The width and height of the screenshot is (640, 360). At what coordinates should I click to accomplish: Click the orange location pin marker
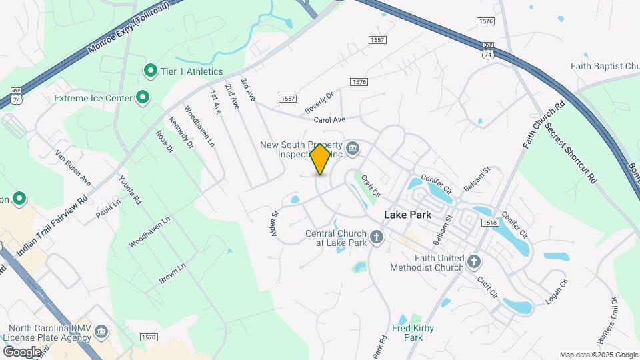click(x=321, y=159)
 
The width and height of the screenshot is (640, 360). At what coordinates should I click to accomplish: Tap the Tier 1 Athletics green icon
click(x=151, y=71)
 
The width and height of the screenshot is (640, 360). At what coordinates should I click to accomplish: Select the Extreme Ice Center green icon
click(x=142, y=99)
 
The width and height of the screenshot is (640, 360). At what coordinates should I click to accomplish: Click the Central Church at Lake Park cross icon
click(x=377, y=237)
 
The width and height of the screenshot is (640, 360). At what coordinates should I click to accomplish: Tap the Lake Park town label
click(x=408, y=215)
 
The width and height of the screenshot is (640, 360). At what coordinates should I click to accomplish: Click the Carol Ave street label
click(x=329, y=120)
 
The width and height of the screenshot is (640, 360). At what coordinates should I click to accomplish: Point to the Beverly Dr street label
click(x=318, y=103)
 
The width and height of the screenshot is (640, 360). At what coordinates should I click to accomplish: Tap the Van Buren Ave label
click(x=73, y=167)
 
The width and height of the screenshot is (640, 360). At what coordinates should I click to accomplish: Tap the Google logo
click(x=22, y=351)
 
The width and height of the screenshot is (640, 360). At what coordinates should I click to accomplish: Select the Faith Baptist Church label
click(x=605, y=66)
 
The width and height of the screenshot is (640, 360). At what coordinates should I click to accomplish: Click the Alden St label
click(x=273, y=223)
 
